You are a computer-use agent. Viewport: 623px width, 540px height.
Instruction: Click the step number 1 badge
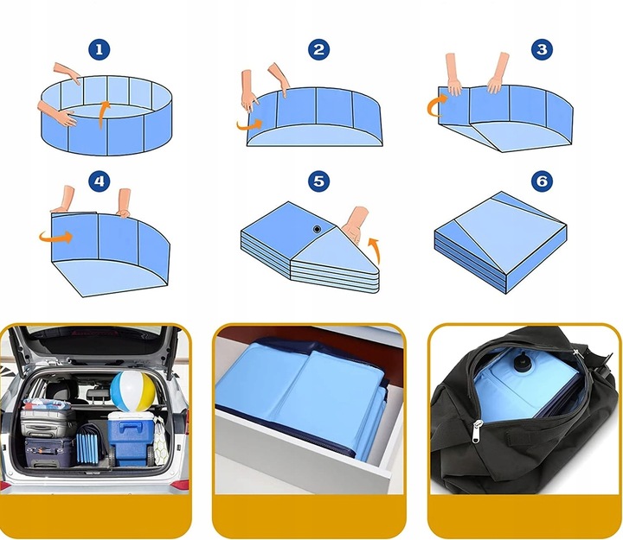point(99,49)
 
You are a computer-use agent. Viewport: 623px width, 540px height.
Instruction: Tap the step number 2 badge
point(318,49)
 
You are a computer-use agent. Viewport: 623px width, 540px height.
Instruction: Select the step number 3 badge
point(542,49)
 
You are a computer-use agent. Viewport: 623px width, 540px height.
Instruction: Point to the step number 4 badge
point(99,181)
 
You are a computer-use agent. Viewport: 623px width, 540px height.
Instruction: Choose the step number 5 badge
point(318,181)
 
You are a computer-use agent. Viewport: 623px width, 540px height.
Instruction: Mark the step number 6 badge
point(542,181)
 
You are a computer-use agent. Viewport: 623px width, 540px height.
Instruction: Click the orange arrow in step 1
point(102,113)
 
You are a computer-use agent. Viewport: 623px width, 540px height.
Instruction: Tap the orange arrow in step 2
point(249,125)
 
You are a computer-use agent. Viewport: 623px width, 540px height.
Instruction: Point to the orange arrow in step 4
point(56,238)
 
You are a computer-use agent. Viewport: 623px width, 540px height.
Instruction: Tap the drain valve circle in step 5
point(317,229)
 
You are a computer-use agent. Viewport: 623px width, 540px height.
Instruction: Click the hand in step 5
point(356,224)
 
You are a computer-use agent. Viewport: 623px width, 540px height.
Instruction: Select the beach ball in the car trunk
point(132,391)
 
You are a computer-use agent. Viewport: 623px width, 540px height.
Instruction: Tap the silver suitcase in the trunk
point(48,422)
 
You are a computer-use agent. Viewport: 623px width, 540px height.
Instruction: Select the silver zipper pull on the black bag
point(476,432)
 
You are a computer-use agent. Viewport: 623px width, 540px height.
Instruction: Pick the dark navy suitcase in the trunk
point(49,453)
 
